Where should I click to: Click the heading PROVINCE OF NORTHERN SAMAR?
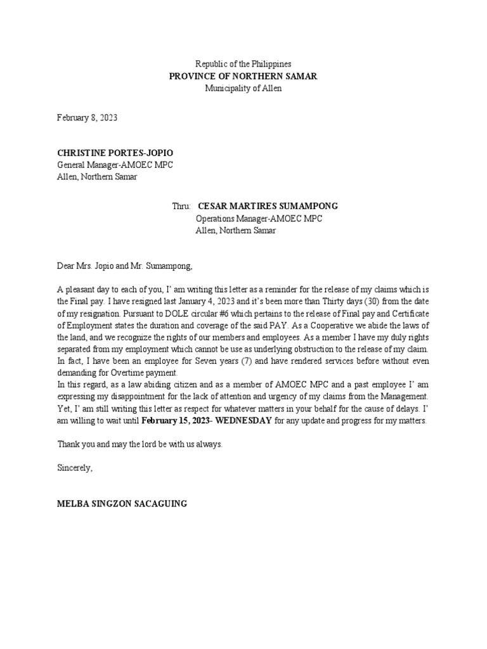coord(243,77)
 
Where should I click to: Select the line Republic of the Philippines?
coord(243,65)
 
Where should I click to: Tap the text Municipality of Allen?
coord(243,89)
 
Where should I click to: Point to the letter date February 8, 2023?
coord(87,118)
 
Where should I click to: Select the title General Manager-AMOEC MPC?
coord(115,165)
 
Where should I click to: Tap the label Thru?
coord(182,207)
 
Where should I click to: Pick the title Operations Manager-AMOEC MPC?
coord(258,219)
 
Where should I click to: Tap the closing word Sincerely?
coord(75,468)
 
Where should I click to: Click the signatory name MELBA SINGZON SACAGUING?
coord(122,504)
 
